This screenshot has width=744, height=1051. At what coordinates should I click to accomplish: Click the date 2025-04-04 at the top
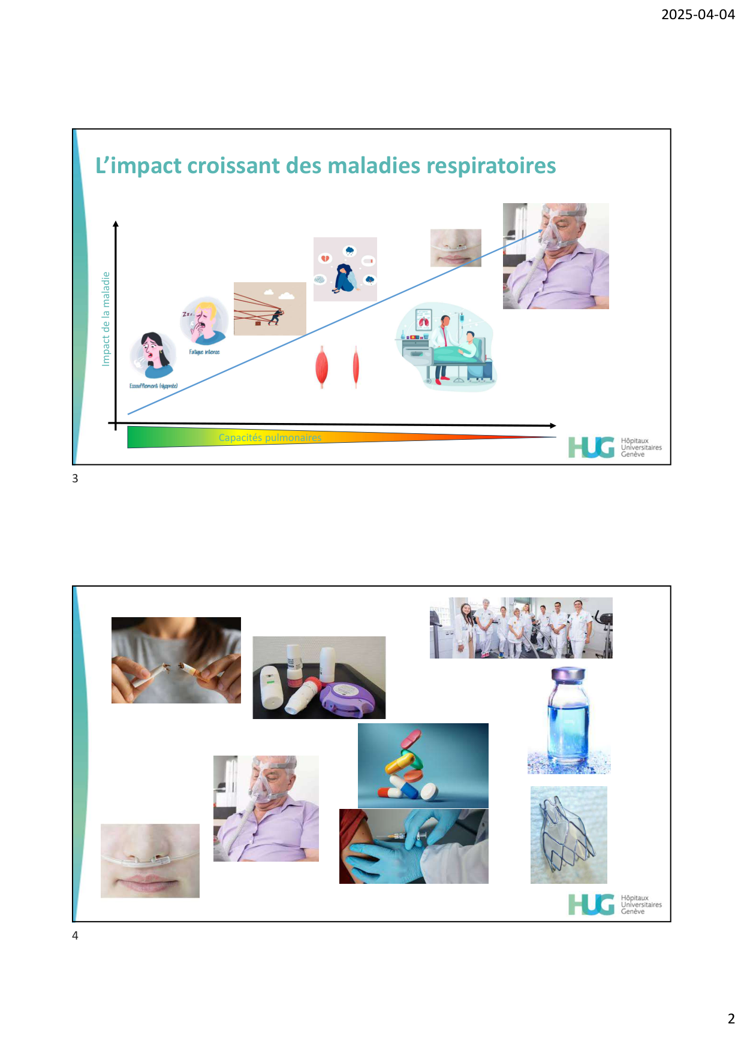click(698, 14)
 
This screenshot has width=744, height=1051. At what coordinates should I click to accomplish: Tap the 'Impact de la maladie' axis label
click(106, 319)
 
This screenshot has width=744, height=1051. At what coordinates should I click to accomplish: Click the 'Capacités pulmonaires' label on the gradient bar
click(270, 437)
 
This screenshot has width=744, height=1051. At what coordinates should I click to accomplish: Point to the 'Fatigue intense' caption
click(204, 352)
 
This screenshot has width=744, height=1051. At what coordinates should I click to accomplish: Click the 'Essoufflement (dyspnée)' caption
click(153, 386)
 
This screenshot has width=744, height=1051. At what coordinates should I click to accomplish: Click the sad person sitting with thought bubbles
click(345, 270)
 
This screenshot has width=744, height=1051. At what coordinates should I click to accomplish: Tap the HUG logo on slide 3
click(615, 447)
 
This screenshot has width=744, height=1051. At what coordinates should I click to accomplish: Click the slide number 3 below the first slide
click(75, 478)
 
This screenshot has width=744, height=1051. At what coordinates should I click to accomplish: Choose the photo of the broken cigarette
click(176, 660)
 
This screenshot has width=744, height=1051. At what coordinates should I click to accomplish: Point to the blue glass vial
click(568, 719)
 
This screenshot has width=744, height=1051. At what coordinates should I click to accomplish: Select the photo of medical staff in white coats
click(521, 628)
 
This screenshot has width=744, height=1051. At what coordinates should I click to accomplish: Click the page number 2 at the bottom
click(731, 1019)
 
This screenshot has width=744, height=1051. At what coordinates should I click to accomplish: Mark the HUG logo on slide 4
click(615, 904)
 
